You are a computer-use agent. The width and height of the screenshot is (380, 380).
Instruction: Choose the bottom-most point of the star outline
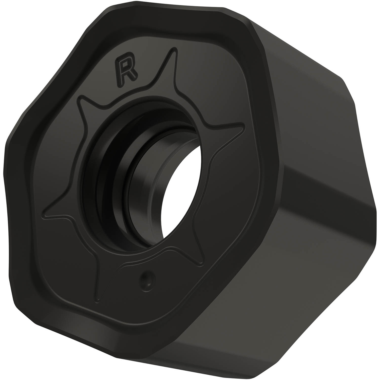(x=98, y=294)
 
